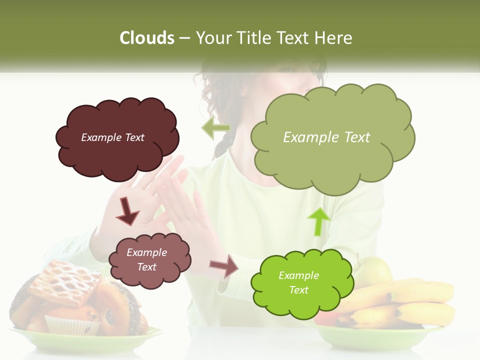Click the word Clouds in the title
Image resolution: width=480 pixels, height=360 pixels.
(146, 38)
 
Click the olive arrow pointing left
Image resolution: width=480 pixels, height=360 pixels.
(215, 128)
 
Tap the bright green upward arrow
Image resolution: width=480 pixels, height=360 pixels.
(318, 220)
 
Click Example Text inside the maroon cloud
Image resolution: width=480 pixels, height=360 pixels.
(112, 137)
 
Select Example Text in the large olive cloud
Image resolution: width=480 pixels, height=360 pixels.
(326, 137)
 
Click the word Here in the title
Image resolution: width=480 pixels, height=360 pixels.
(335, 38)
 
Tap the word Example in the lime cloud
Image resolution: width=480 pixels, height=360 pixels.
(298, 275)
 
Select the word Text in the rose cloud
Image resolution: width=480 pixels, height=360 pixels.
(146, 267)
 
